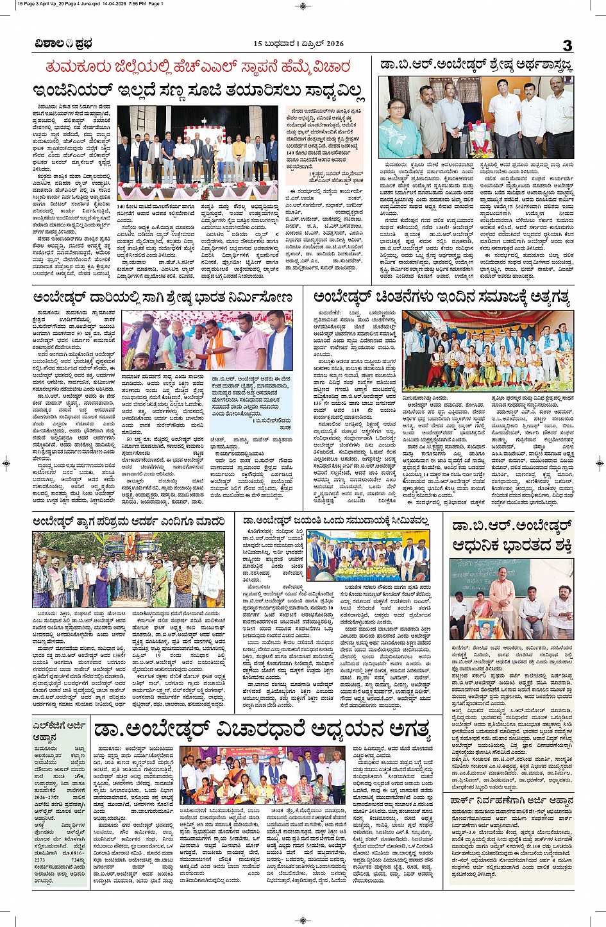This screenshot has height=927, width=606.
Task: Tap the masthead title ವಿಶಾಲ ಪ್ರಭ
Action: click(x=63, y=44)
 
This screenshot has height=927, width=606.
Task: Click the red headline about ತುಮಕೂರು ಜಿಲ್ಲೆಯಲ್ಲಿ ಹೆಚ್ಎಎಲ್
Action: click(x=198, y=67)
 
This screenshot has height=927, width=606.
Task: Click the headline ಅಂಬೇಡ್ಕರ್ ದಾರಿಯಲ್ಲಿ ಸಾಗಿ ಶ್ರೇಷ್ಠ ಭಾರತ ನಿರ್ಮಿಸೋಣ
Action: click(x=163, y=298)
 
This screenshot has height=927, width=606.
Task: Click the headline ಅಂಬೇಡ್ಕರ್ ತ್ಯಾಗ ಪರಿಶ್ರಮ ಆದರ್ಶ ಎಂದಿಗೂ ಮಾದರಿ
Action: click(x=129, y=522)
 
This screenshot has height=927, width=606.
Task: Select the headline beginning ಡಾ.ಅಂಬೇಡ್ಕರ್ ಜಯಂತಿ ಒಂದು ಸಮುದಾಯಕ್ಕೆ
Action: click(x=342, y=520)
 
